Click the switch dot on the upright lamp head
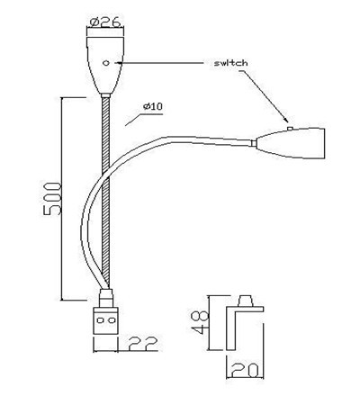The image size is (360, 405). pos(107,64)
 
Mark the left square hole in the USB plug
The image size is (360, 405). pos(101,319)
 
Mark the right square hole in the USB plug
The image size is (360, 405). pos(112,319)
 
